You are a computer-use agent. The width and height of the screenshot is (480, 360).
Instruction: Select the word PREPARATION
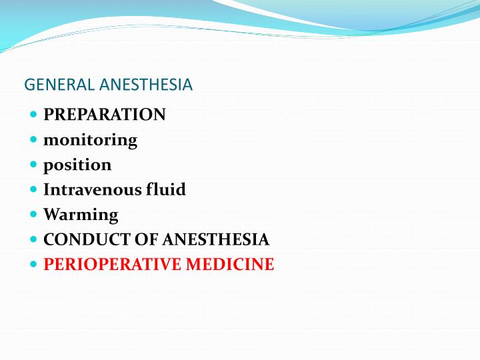105,115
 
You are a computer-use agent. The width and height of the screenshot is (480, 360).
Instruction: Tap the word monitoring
90,140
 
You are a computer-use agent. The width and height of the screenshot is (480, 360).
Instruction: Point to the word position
77,165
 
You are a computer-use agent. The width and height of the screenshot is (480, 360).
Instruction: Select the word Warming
81,215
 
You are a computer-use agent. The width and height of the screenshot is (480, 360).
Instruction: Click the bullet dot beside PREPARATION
34,115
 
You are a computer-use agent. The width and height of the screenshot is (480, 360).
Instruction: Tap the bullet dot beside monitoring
34,140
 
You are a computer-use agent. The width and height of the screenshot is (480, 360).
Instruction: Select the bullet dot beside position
34,165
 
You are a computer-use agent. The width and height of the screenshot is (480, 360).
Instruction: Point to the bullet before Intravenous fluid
34,189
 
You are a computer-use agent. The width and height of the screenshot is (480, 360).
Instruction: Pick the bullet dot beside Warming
34,215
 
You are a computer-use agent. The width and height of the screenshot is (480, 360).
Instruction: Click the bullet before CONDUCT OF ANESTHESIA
34,239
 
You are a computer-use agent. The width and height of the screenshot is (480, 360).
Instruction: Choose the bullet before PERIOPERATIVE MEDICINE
34,265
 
